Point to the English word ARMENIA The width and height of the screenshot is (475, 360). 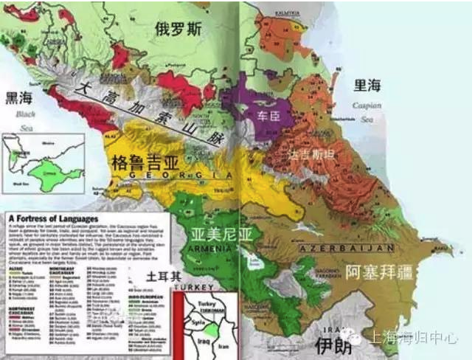(x=211, y=250)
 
